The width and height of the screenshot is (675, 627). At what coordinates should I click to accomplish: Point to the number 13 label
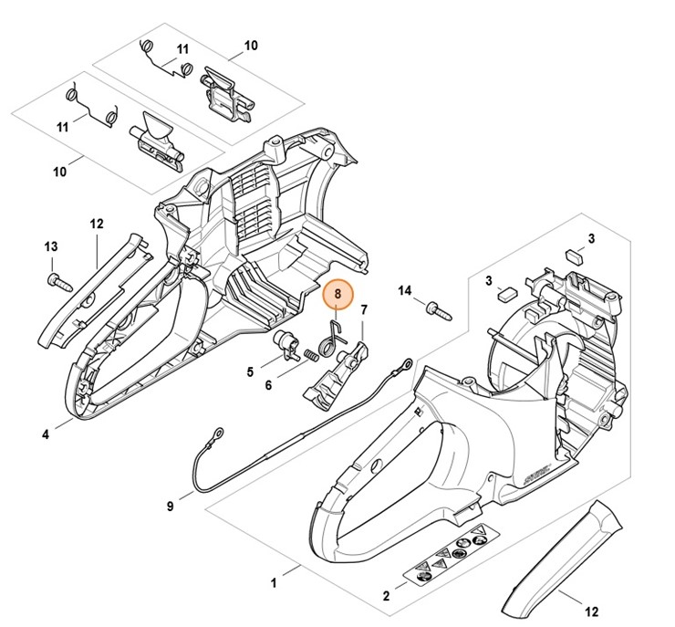(51, 246)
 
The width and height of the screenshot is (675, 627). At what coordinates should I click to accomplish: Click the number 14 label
(405, 290)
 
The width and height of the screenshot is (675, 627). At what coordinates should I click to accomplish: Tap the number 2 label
(386, 597)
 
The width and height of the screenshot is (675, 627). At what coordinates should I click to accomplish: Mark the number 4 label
(45, 434)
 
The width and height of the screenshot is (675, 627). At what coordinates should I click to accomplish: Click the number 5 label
(249, 371)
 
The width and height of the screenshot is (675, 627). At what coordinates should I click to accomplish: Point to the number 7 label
(363, 311)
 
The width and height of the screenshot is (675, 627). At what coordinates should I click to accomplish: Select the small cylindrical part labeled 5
(289, 344)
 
